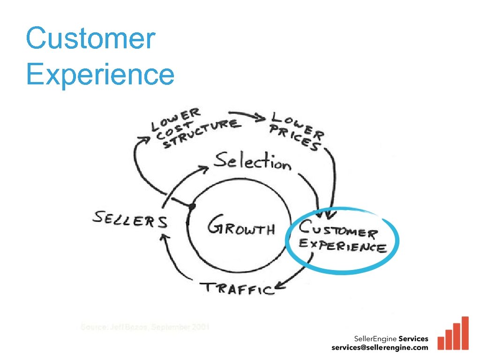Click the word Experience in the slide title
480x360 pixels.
100,74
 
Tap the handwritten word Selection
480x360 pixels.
253,162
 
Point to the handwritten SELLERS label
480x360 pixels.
130,219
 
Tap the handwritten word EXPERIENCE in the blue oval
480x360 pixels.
343,246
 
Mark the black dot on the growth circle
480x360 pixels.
191,206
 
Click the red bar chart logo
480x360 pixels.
453,334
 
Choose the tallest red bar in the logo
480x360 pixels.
465,333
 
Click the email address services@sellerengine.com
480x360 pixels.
380,347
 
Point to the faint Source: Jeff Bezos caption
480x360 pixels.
145,327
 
